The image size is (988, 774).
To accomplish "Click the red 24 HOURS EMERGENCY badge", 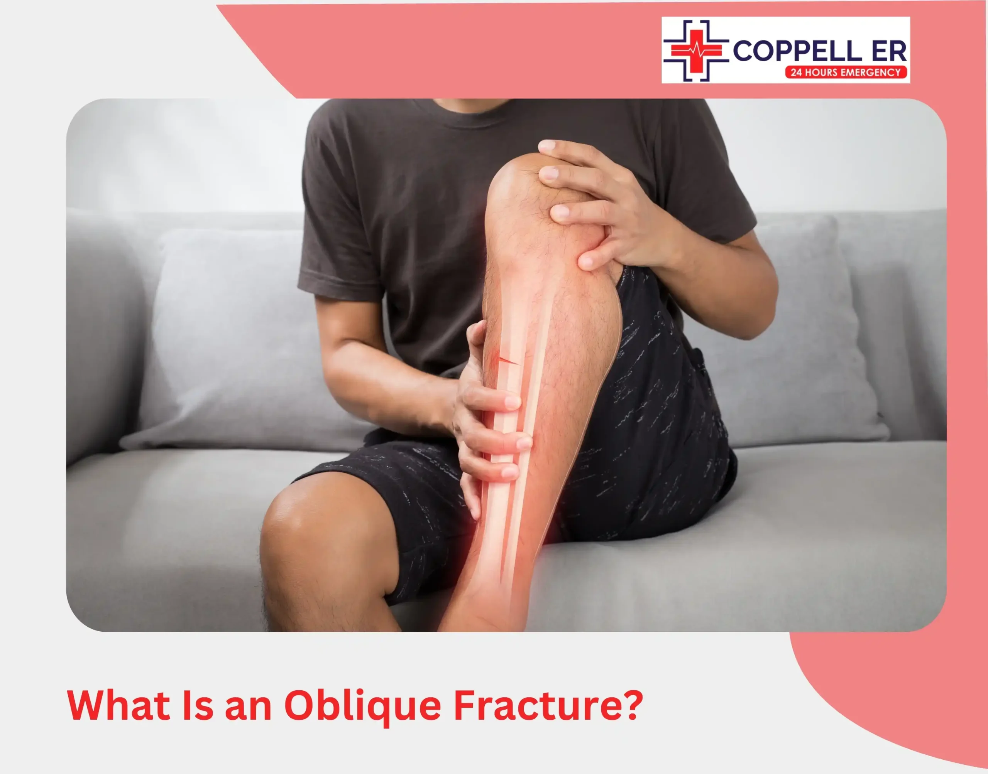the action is point(846,72).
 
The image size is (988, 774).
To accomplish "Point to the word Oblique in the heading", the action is point(362,707).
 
